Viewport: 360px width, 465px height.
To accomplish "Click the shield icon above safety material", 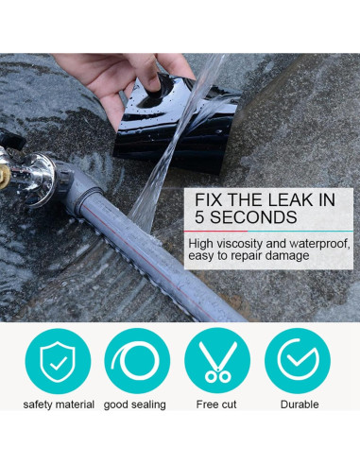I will tap(58, 360).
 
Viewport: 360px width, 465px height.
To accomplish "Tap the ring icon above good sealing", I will tap(138, 360).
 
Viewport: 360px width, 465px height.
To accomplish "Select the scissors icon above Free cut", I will tap(217, 360).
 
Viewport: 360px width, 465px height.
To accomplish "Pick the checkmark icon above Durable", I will tap(297, 360).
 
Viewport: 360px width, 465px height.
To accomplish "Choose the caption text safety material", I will tap(59, 405).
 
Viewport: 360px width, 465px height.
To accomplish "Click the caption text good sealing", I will tap(135, 405).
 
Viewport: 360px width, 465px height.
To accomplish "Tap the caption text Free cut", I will tap(216, 405).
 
